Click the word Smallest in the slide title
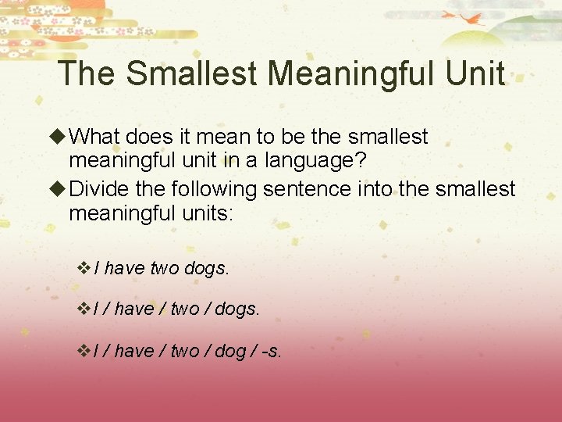pos(191,74)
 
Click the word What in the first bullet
pos(94,137)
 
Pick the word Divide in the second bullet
pos(96,189)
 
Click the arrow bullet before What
pos(59,138)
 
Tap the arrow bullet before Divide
pos(59,190)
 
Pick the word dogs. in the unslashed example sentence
pos(207,269)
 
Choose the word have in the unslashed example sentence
pos(124,269)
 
